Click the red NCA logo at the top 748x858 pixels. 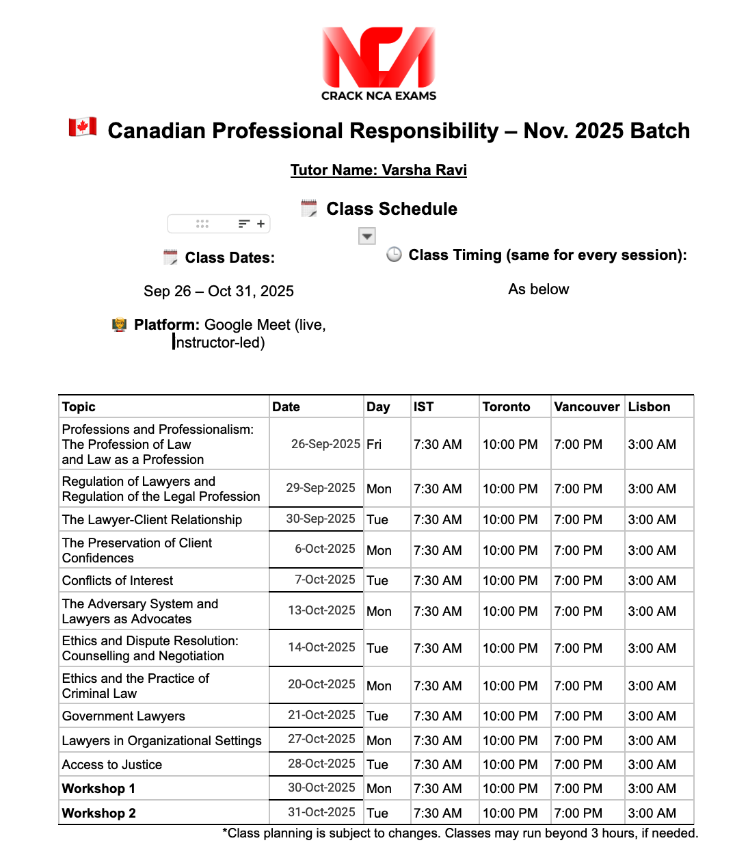378,57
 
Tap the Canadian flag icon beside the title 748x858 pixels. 83,127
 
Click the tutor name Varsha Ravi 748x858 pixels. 378,170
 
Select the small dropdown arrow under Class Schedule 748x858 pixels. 367,236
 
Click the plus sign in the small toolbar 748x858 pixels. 261,224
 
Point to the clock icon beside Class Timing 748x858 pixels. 394,255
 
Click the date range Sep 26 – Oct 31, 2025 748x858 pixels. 219,291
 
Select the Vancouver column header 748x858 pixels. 587,407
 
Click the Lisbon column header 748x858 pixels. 649,407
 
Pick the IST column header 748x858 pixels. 423,407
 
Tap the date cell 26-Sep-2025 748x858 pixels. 325,444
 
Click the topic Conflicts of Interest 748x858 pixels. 118,581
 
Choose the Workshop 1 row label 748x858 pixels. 98,789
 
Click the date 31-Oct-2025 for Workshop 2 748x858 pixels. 321,812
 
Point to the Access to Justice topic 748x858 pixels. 112,765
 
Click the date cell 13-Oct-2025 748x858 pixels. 321,610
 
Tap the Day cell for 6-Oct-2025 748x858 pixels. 379,551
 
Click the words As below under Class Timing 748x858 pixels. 538,289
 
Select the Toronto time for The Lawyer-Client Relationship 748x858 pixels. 510,520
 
